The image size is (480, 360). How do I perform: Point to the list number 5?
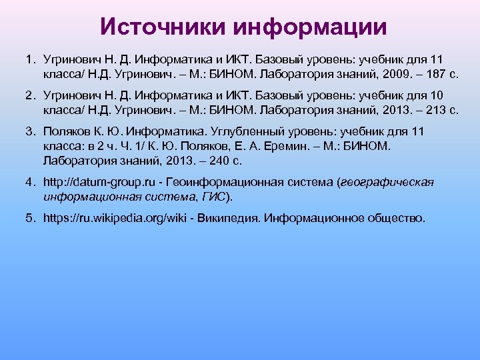point(31,218)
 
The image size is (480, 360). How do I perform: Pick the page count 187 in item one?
point(421,73)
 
